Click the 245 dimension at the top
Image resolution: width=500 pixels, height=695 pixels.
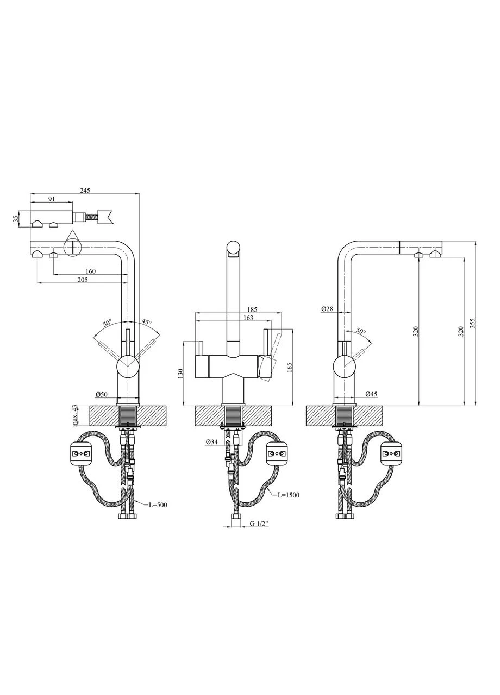85,191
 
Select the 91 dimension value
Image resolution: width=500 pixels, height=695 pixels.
52,199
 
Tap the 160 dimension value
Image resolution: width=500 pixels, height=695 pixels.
90,271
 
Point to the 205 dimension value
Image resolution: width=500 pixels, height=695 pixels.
83,280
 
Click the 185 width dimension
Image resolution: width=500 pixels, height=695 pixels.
252,309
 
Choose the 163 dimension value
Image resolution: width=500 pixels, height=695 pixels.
248,318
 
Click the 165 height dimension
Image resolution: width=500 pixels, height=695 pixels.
290,368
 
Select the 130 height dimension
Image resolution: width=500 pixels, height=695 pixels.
181,373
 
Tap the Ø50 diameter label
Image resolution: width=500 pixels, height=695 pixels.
102,394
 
